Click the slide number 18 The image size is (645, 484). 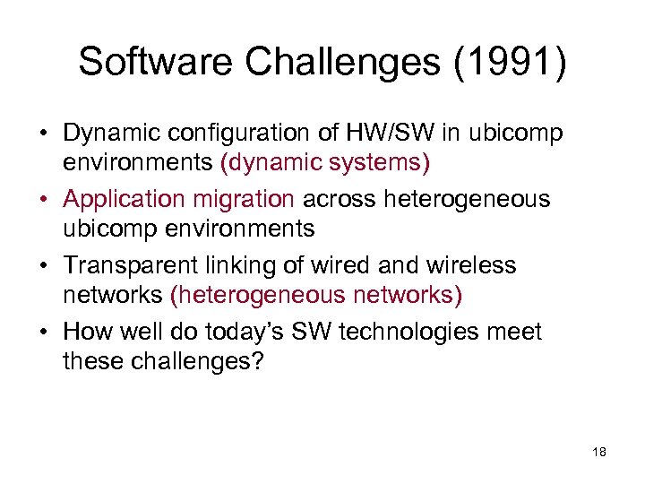click(599, 453)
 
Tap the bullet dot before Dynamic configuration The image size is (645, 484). click(44, 134)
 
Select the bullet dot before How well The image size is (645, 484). click(44, 333)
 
